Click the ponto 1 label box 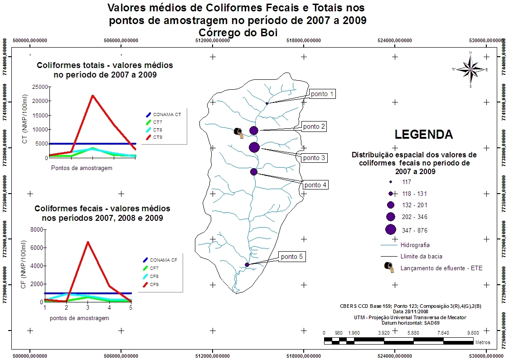[322, 94]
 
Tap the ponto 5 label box [291, 257]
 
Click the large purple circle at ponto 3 [254, 147]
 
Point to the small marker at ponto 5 [247, 265]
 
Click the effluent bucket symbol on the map [238, 132]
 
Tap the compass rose [470, 69]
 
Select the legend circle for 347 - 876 [391, 230]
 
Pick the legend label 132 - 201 [414, 205]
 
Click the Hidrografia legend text [415, 245]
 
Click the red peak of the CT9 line [92, 95]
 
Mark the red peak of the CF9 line [87, 242]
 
